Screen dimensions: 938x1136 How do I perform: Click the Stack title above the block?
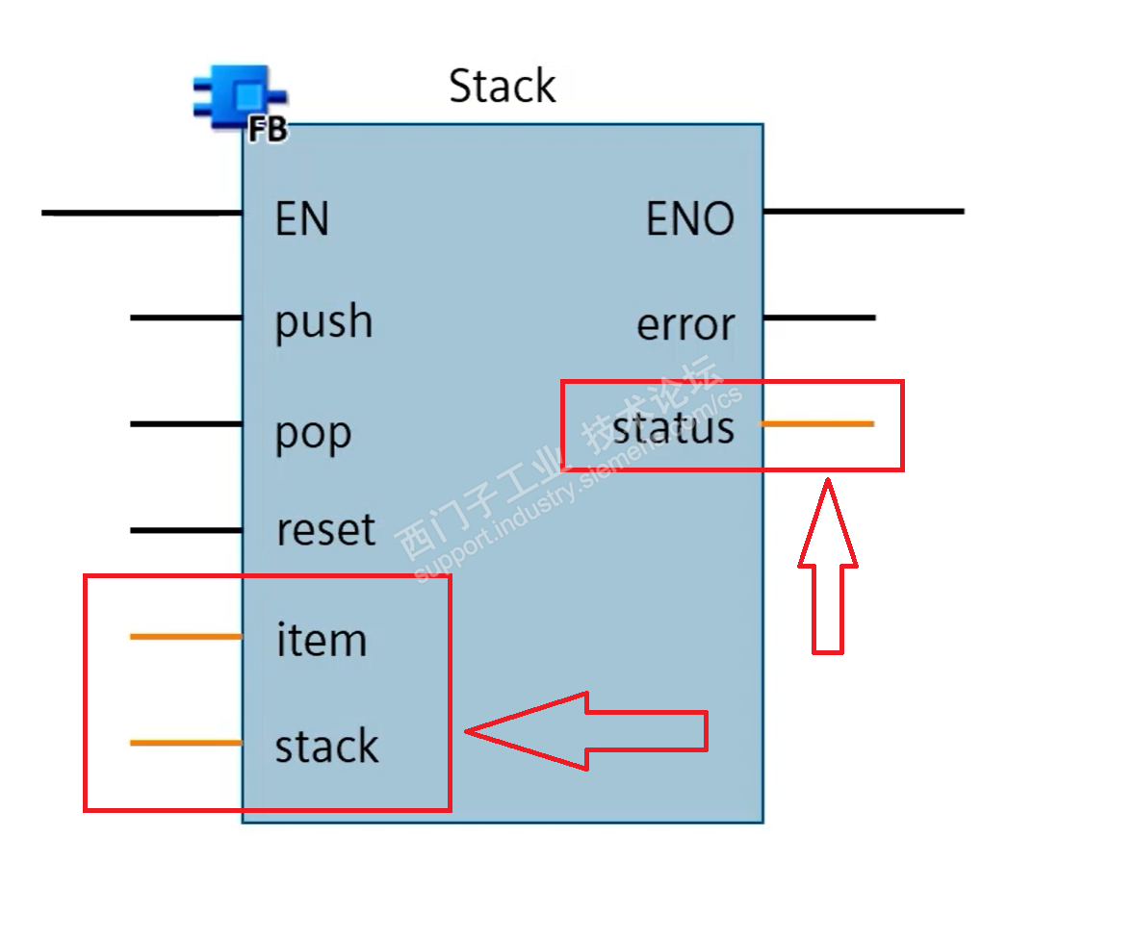point(502,87)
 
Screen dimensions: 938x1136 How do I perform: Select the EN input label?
point(301,219)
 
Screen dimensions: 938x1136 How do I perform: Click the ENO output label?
point(689,220)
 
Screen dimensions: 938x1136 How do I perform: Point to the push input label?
point(323,322)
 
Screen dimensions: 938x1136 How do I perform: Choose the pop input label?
point(313,434)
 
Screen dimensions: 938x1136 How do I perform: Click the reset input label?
point(325,530)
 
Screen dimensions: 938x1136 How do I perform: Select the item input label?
point(321,640)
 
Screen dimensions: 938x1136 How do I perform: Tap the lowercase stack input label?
point(326,747)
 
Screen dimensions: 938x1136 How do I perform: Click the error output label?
point(684,326)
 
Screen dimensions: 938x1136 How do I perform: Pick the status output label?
point(673,428)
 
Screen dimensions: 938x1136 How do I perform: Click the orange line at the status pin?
point(816,423)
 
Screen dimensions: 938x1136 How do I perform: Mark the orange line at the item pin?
point(185,637)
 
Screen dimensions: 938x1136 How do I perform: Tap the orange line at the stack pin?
point(185,743)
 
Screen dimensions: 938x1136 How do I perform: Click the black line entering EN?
point(141,212)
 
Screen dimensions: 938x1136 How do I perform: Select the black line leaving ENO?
point(863,211)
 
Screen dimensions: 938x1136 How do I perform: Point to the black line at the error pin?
point(818,317)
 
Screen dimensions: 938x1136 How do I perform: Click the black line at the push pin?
point(185,317)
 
